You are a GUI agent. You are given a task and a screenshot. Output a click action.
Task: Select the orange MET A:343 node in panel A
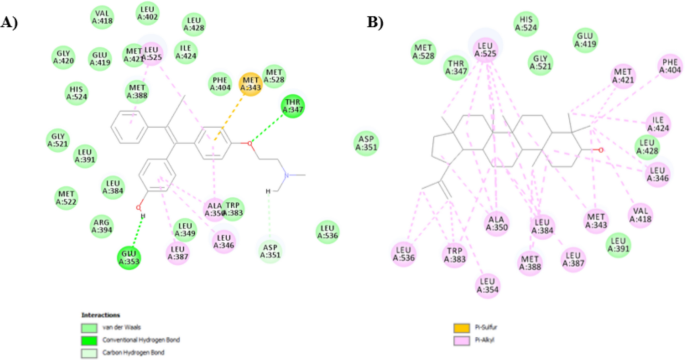[x=250, y=84]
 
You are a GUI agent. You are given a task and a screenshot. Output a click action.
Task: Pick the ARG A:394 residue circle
[x=102, y=226]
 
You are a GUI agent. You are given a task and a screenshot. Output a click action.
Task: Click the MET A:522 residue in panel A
[x=66, y=198]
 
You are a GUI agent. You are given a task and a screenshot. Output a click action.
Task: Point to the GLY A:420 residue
[x=64, y=56]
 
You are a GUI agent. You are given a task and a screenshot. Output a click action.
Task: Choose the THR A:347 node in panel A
[x=293, y=106]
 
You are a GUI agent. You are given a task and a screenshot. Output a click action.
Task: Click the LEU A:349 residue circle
[x=185, y=230]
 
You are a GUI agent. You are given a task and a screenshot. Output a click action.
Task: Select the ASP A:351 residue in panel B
[x=367, y=143]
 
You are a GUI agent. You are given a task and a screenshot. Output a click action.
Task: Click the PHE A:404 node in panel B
[x=669, y=67]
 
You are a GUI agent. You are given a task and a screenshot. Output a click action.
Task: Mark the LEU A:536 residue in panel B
[x=405, y=253]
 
